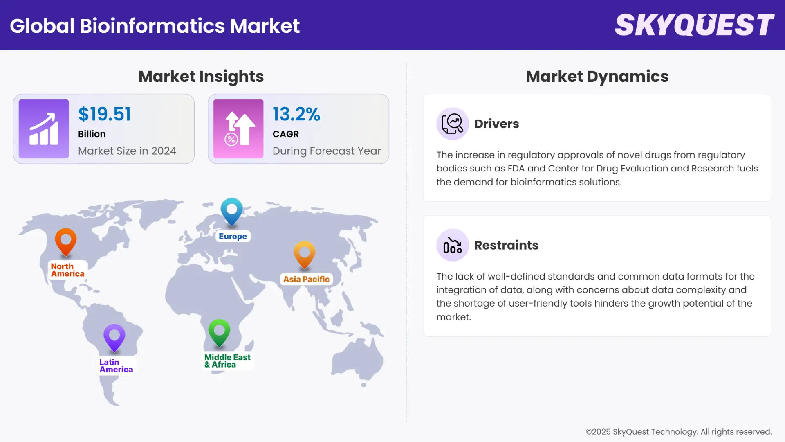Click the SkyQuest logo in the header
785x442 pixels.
tap(694, 25)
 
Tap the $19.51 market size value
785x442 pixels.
tap(105, 114)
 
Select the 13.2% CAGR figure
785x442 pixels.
tap(296, 114)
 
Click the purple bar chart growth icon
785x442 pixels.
tap(44, 129)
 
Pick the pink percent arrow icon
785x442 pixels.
tap(238, 129)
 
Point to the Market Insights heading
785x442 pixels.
tap(201, 77)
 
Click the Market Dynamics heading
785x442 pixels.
tap(597, 77)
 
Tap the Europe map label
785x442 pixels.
tap(233, 236)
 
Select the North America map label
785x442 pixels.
tap(67, 270)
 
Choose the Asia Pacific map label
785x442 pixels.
tap(306, 279)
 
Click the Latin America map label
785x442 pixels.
tap(116, 366)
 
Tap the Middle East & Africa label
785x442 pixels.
tap(227, 361)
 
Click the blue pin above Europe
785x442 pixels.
tap(232, 210)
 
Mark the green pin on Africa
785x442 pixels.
tap(219, 331)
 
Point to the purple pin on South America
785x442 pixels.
tap(114, 337)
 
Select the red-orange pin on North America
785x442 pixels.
tap(66, 241)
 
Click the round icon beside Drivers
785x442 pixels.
tap(452, 124)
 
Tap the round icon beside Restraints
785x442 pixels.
tap(452, 245)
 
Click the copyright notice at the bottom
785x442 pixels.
tap(679, 432)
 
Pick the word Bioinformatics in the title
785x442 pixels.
tap(153, 26)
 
